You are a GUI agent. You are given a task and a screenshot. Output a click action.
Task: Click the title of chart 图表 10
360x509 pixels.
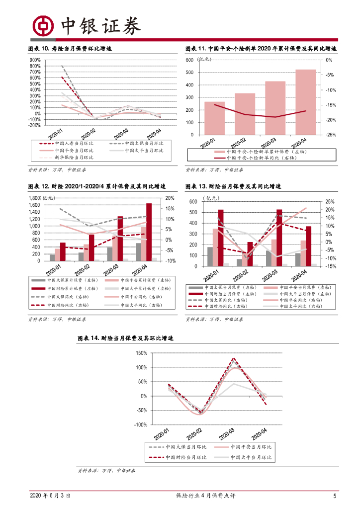[70, 49]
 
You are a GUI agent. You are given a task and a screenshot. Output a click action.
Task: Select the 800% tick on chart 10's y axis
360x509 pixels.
[35, 66]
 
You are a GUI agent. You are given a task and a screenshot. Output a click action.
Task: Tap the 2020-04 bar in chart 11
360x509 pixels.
[305, 102]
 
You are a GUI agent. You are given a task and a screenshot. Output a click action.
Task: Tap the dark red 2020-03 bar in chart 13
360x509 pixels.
[279, 238]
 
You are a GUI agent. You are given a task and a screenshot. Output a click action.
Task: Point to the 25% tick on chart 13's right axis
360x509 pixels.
[329, 202]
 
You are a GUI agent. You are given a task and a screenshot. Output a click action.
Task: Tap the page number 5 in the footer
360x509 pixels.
[335, 496]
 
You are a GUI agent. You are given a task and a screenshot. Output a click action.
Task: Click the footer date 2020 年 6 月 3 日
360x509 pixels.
[50, 496]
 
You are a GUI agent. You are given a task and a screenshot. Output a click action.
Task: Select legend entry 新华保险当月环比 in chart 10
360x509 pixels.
[73, 157]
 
